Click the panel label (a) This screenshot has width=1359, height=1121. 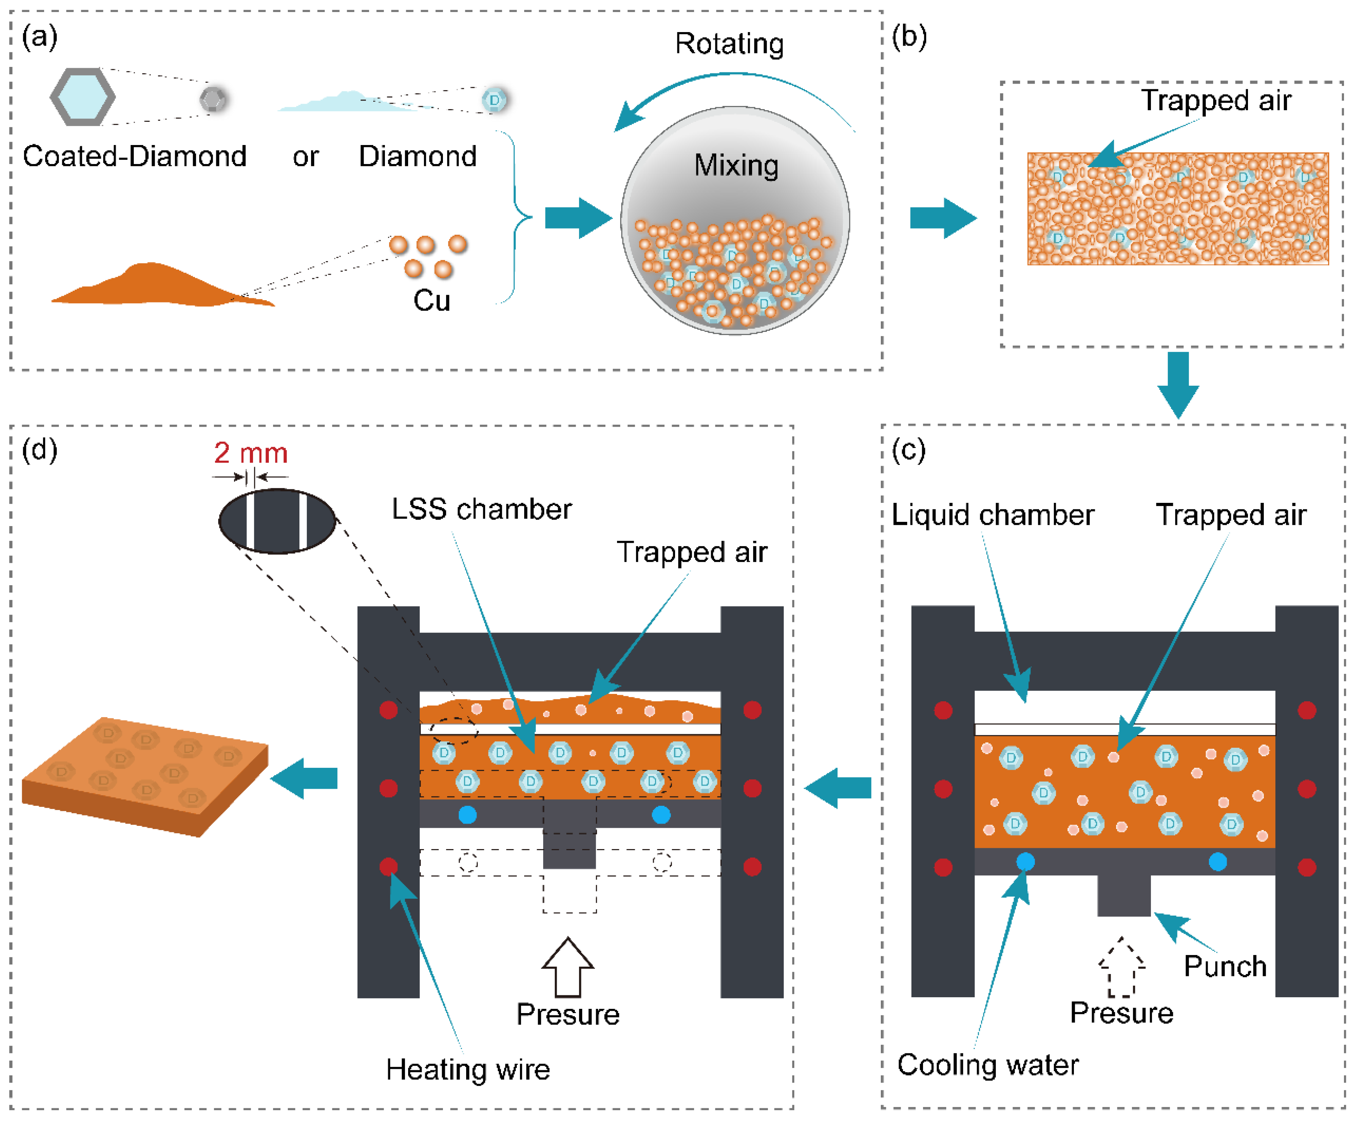click(39, 38)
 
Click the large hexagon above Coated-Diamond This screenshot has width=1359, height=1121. click(83, 97)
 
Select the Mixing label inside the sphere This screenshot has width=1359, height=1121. click(736, 165)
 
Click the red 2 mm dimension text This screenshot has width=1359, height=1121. click(251, 453)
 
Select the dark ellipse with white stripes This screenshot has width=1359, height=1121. click(277, 521)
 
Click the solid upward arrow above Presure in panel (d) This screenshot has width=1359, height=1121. click(568, 967)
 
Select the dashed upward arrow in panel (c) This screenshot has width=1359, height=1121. click(1121, 967)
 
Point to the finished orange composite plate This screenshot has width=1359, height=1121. click(145, 775)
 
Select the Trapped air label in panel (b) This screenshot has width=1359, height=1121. click(1216, 101)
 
